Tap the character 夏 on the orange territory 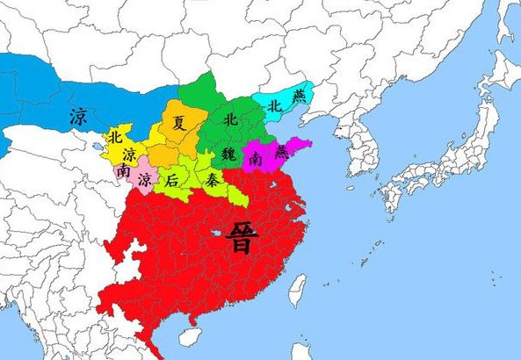click(178, 124)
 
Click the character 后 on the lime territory click(172, 180)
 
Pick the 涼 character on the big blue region click(78, 115)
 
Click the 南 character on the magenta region click(255, 159)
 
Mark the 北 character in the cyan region click(275, 105)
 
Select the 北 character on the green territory click(230, 119)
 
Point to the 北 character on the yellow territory click(114, 137)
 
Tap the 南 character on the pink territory click(122, 173)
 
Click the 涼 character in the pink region click(143, 180)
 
